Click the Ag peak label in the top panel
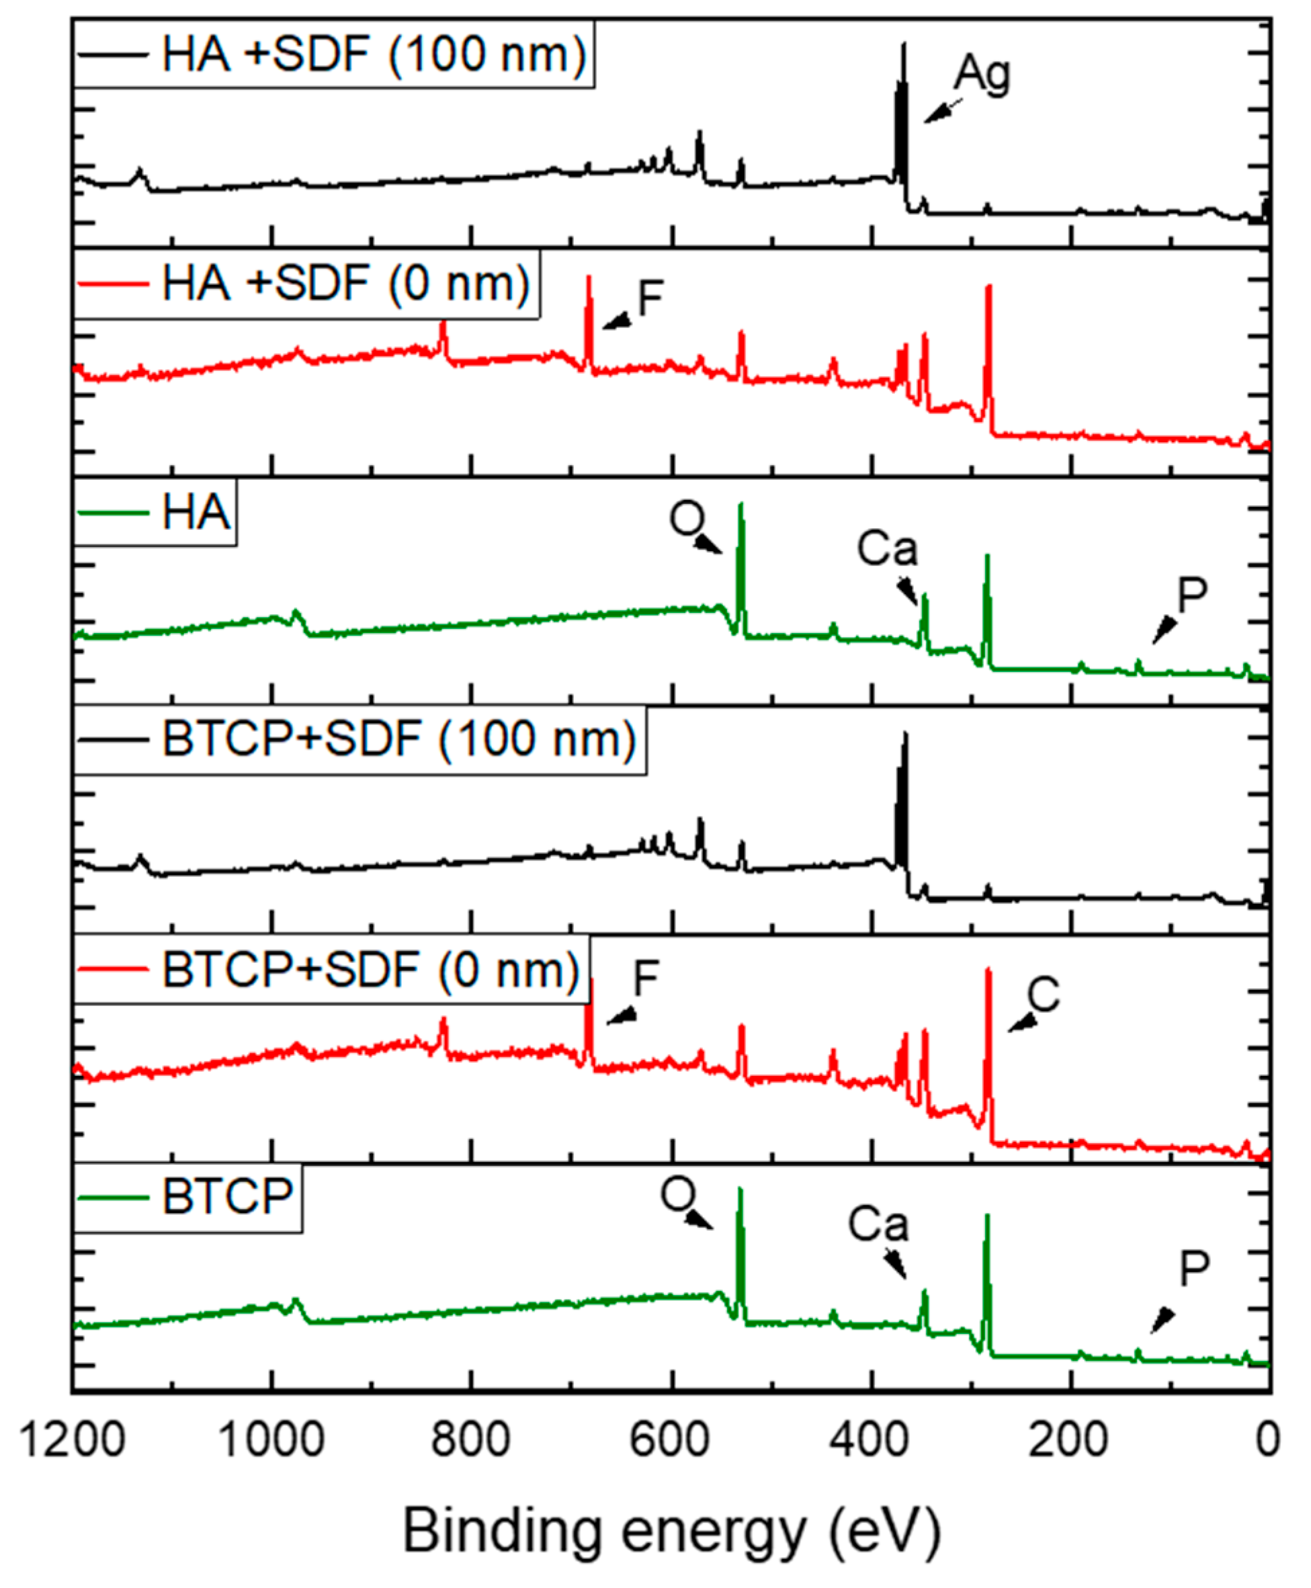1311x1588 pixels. pyautogui.click(x=981, y=74)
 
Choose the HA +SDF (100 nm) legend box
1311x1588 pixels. pyautogui.click(x=334, y=54)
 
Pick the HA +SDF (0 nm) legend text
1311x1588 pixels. pyautogui.click(x=346, y=283)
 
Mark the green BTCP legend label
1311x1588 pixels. pyautogui.click(x=227, y=1197)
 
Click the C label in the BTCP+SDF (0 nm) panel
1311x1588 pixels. pyautogui.click(x=1044, y=995)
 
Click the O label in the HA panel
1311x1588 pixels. pyautogui.click(x=687, y=519)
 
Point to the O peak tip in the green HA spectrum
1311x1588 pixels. pyautogui.click(x=741, y=505)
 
